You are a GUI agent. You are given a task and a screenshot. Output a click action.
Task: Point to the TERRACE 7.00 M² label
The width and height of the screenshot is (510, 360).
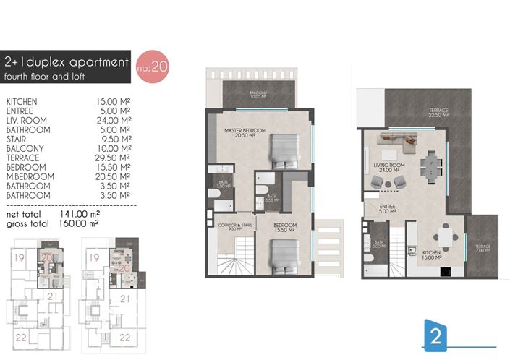point(483,249)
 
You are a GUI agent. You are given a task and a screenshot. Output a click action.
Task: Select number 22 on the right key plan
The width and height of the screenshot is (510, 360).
point(125,337)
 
